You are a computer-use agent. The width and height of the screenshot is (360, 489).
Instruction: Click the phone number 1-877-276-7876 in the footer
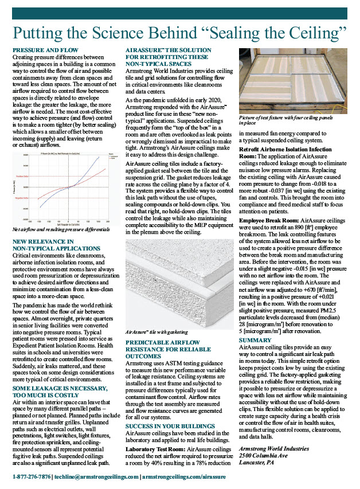pos(32,476)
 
